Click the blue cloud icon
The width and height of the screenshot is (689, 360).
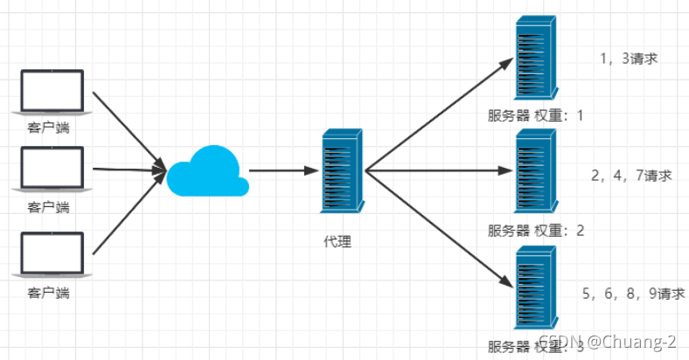coord(208,171)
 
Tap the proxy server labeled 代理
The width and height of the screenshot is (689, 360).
coord(342,170)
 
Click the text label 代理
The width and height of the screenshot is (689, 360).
coord(338,241)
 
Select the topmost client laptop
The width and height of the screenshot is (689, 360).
coord(52,93)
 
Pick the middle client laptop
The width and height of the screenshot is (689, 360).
coord(52,169)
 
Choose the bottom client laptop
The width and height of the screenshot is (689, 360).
coord(52,254)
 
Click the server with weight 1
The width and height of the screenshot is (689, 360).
coord(536,58)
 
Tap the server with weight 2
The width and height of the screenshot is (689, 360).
coord(536,170)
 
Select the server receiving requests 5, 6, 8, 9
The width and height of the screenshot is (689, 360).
coord(536,287)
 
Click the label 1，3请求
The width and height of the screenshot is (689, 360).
coord(629,59)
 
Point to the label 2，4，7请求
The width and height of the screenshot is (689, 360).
coord(631,176)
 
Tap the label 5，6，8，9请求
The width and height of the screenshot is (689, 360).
coord(634,294)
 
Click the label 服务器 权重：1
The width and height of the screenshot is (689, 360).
coord(536,115)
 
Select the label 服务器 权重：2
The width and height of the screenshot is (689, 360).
coord(536,231)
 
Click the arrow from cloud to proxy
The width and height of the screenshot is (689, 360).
coord(284,170)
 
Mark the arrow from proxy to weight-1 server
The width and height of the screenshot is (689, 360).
coord(440,114)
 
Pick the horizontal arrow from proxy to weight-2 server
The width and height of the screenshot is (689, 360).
coord(440,170)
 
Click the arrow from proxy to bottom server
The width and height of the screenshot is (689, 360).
coord(440,229)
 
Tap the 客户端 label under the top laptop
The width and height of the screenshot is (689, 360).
coord(48,128)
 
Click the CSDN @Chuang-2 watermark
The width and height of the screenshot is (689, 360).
coord(608,342)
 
